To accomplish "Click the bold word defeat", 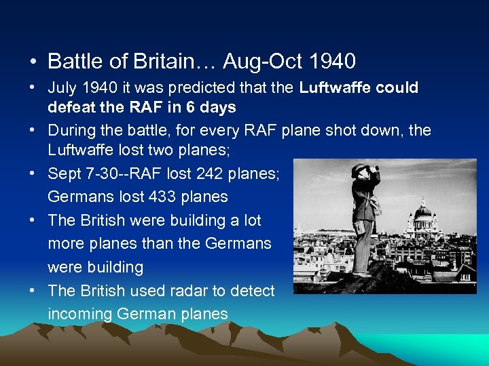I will [x=72, y=107].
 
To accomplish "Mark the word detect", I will [x=252, y=291].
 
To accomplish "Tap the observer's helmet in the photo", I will [x=359, y=169].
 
